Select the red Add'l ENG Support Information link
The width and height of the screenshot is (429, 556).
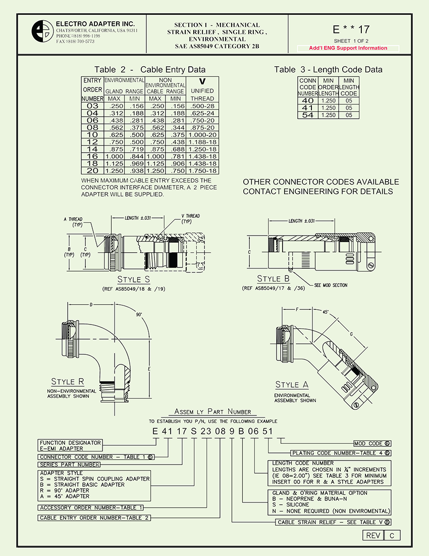(348, 49)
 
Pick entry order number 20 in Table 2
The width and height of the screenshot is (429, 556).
(92, 171)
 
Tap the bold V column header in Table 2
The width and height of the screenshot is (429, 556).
(202, 81)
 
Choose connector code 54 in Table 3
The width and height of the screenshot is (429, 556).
(307, 115)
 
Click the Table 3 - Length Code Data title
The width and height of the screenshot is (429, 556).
(328, 70)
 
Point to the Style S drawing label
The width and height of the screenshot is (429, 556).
(133, 280)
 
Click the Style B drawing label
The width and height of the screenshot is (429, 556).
(273, 279)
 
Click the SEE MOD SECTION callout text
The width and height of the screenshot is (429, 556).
(331, 286)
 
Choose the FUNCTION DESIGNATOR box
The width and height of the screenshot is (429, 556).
(71, 445)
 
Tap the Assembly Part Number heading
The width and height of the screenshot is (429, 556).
(212, 411)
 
